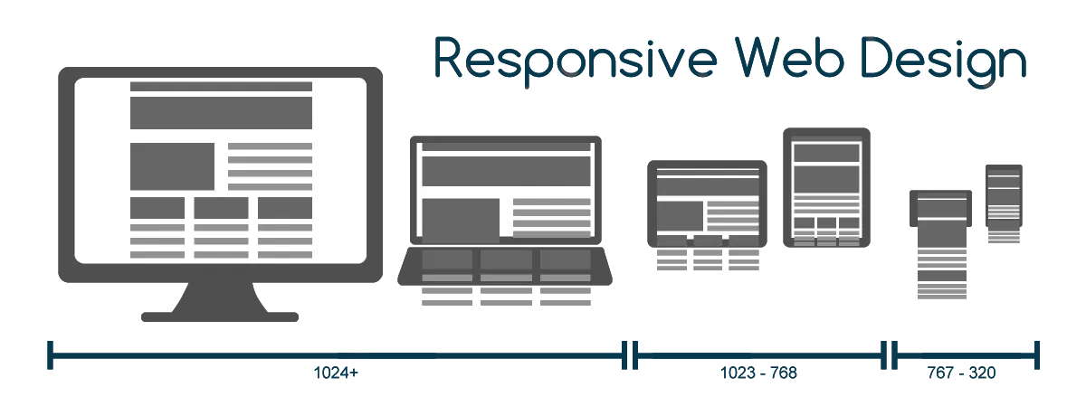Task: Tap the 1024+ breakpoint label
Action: [337, 373]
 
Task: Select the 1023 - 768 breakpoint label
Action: [758, 373]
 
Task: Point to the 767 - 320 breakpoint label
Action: [961, 373]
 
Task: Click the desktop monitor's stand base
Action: [220, 316]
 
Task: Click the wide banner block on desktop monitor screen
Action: [221, 114]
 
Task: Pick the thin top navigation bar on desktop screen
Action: [221, 87]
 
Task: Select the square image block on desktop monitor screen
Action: [172, 165]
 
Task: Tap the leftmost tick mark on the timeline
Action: [50, 355]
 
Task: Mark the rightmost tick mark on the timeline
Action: [1037, 355]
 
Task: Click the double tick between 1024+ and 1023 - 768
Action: [631, 356]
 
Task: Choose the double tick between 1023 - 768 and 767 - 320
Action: [890, 356]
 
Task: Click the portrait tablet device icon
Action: [826, 191]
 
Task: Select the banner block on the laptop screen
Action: [505, 170]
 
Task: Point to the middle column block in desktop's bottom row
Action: [221, 208]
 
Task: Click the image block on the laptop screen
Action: [461, 220]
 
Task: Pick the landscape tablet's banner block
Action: [708, 187]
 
